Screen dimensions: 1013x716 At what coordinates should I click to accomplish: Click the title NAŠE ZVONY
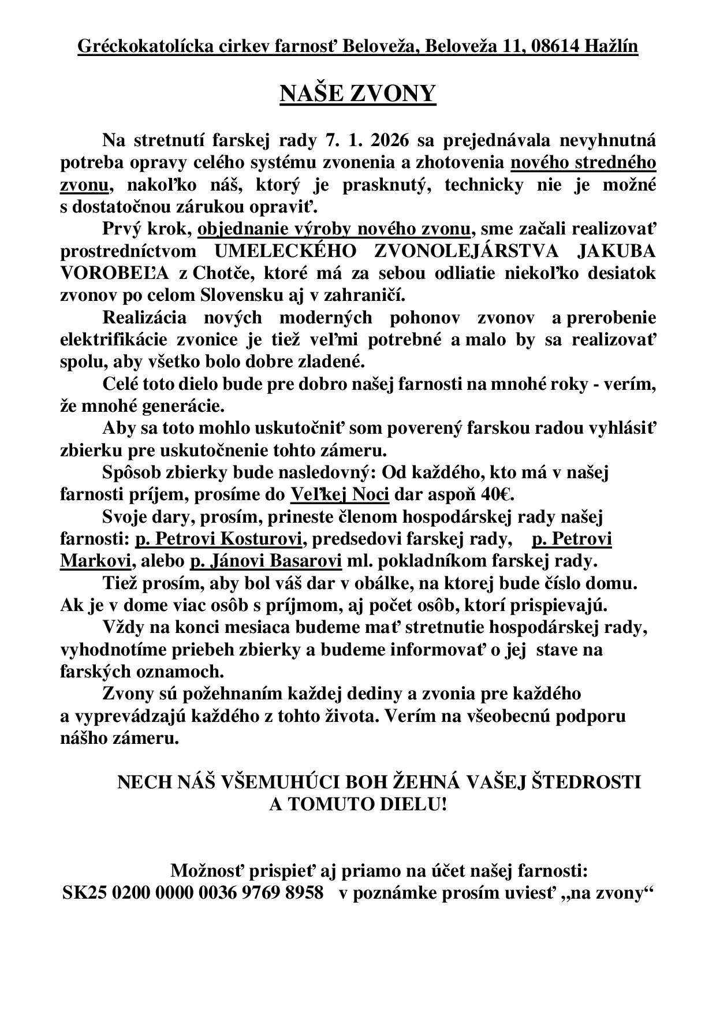coord(357,94)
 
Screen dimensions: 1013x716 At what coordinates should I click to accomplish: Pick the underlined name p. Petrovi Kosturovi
coord(218,539)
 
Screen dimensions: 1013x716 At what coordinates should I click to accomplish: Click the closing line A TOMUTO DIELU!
coord(358,805)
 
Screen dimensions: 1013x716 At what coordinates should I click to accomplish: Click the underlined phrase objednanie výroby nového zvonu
coord(334,229)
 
